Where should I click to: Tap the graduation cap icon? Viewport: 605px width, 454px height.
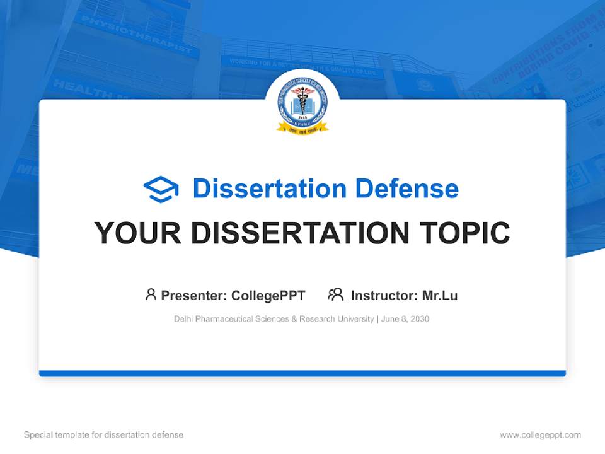tap(161, 189)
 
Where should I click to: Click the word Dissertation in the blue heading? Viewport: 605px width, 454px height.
tap(269, 189)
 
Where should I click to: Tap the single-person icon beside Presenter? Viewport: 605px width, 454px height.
tap(151, 294)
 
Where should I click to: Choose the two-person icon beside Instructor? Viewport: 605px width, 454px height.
tap(335, 294)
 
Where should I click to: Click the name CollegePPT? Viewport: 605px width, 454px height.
tap(268, 296)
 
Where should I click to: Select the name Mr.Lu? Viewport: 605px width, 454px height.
tap(440, 296)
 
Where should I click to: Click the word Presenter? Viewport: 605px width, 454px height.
tap(194, 296)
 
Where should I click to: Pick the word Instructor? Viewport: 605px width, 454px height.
tap(384, 296)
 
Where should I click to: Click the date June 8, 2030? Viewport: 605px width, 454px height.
tap(405, 319)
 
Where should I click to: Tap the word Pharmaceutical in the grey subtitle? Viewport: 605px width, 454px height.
tap(224, 319)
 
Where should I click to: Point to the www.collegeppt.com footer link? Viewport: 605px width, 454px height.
tap(540, 435)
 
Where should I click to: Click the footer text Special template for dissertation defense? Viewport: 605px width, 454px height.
tap(104, 435)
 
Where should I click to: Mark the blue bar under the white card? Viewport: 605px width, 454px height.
tap(302, 373)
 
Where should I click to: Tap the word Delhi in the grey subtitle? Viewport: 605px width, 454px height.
tap(183, 319)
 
